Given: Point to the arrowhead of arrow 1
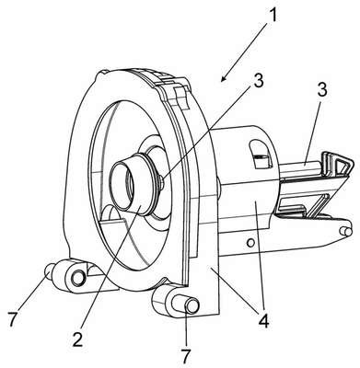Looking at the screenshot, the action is coord(223,79).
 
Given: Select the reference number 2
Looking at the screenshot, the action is coord(78,337).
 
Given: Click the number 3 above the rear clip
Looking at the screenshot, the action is coord(321,91).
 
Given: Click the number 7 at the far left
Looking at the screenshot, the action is coord(12,319).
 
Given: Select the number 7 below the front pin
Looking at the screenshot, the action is coord(187,356).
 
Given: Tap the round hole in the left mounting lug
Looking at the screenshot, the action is coord(78,278).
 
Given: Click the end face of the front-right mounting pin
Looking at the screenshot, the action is coord(192,306).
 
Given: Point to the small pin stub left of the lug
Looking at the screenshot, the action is coord(50,270).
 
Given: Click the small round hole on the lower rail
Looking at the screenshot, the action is coord(250,243).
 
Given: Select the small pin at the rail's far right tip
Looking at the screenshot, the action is coord(345,231).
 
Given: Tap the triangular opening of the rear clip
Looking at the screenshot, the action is coord(342,168).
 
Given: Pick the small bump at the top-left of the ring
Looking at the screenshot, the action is coord(103,73).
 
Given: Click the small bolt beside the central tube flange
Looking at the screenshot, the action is coord(162,183).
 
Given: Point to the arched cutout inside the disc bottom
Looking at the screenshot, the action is coord(112,213).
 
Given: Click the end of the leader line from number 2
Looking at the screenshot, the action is coord(140,206).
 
